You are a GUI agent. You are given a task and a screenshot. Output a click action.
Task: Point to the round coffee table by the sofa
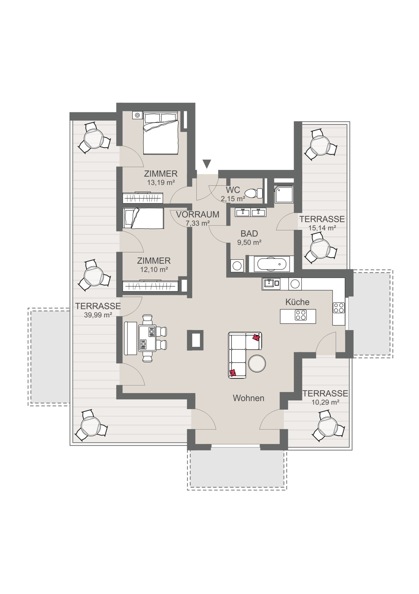257,363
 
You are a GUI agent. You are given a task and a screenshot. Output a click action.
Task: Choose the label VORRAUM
197,214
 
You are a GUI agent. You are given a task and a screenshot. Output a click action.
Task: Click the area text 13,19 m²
161,183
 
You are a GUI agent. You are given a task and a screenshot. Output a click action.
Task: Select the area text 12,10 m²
154,270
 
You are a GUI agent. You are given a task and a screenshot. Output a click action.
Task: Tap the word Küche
297,302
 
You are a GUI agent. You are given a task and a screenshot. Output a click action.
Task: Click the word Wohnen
248,398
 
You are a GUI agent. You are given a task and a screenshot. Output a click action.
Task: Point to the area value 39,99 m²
98,315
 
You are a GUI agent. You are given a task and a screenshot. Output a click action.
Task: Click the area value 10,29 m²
325,402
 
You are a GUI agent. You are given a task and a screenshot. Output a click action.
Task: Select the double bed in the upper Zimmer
160,133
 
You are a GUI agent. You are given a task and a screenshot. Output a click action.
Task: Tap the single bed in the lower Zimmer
144,218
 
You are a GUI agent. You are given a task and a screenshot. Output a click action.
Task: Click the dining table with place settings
147,338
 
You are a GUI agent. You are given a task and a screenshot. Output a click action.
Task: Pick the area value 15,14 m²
322,228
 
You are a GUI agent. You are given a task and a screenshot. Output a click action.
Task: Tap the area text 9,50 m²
249,242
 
